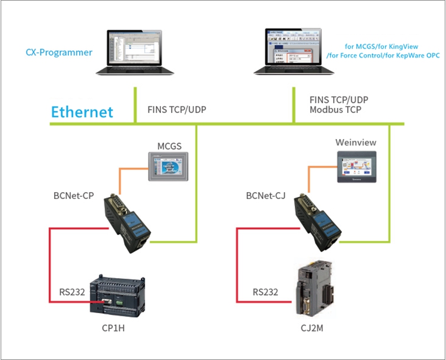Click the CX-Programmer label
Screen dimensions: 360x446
tap(59, 53)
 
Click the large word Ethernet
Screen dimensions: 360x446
tap(82, 111)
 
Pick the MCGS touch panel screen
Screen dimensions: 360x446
tap(168, 167)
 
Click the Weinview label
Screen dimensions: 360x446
tap(356, 142)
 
